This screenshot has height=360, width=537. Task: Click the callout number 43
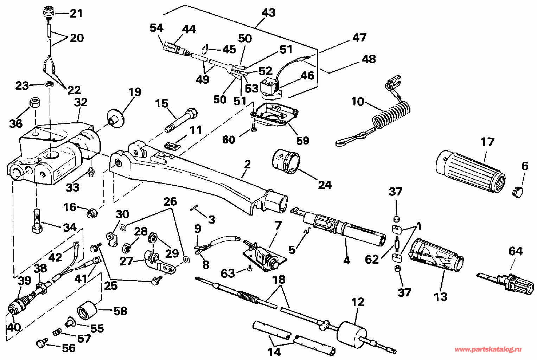[x=269, y=12]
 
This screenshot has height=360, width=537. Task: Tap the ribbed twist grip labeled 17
[x=470, y=171]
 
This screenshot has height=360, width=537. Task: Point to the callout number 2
[x=247, y=164]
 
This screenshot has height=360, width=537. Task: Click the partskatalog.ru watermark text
[x=488, y=349]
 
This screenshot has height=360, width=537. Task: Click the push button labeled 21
[x=49, y=12]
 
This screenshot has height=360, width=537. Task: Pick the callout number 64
[x=516, y=251]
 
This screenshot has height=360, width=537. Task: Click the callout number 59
[x=303, y=141]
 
